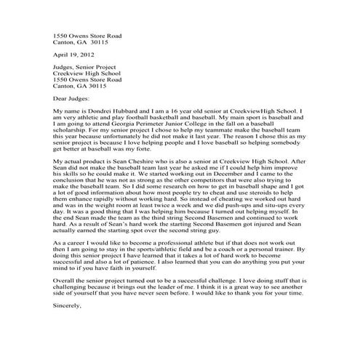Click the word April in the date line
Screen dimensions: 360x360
[60, 55]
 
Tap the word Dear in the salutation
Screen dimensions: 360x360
[61, 97]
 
